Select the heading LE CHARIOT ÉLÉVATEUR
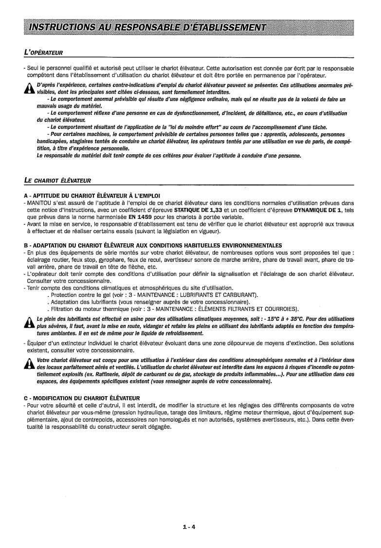click(58, 181)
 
